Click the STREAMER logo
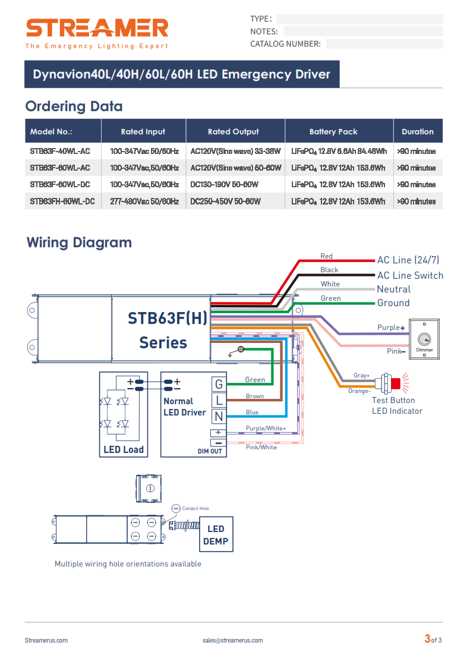(97, 29)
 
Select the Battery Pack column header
(333, 131)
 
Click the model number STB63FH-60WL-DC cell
(62, 202)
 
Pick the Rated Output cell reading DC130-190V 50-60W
(224, 185)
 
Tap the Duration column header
(417, 131)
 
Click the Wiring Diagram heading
(79, 243)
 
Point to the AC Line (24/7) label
(408, 260)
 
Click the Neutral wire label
(394, 289)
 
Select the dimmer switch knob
(424, 339)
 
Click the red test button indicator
(395, 383)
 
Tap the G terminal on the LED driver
(219, 385)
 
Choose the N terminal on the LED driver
(219, 417)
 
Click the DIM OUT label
(210, 451)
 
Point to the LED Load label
(124, 450)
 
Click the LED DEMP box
(216, 534)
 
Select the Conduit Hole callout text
(195, 508)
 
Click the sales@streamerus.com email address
(232, 640)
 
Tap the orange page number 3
(427, 639)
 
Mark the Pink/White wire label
(261, 447)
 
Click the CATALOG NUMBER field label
(285, 44)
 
